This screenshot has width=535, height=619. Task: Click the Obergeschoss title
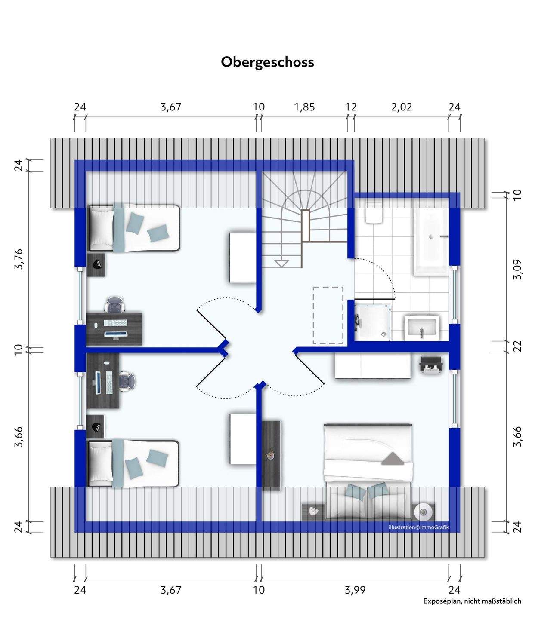pos(267,62)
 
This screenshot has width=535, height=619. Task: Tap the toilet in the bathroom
pos(373,214)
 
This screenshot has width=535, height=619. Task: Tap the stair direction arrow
pos(281,263)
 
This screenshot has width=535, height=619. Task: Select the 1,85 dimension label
pos(304,107)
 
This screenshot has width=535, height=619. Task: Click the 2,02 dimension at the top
pos(401,107)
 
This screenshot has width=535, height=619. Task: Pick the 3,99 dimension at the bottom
pos(355,590)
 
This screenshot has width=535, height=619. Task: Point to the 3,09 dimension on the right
pos(517,270)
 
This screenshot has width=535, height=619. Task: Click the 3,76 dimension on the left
pos(19,259)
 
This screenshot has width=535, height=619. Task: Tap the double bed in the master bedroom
pos(368,471)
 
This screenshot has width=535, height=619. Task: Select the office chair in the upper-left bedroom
pos(115,304)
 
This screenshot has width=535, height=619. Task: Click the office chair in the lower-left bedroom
pos(127,381)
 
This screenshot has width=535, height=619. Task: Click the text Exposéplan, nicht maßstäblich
pos(472,601)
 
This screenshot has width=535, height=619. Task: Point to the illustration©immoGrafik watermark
pos(418,527)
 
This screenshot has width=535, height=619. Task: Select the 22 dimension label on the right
pos(517,346)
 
